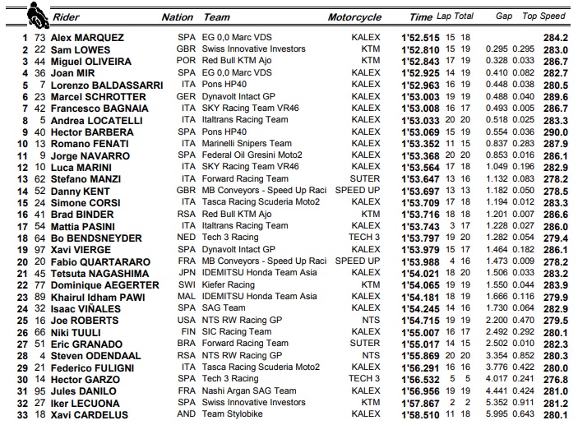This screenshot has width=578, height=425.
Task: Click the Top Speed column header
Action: [x=544, y=16]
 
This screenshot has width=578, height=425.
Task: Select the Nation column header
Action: [x=178, y=16]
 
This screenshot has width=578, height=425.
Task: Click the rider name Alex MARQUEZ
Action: [x=86, y=37]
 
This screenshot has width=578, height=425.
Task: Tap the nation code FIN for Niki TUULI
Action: [x=187, y=332]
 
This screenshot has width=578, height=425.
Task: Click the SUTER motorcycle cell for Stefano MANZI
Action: [x=365, y=178]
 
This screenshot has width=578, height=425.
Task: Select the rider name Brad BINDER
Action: [x=81, y=214]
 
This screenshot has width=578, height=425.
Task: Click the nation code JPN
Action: [x=187, y=273]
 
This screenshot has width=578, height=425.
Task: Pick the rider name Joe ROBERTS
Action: [x=83, y=321]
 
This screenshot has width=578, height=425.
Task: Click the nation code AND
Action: [x=187, y=415]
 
